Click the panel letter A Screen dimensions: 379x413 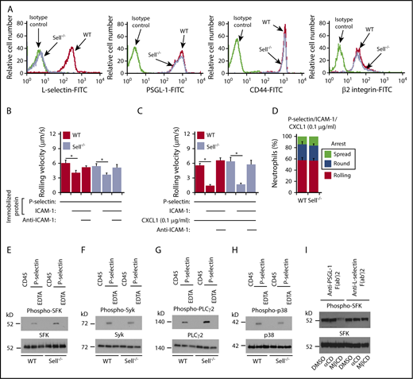[5, 6]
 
